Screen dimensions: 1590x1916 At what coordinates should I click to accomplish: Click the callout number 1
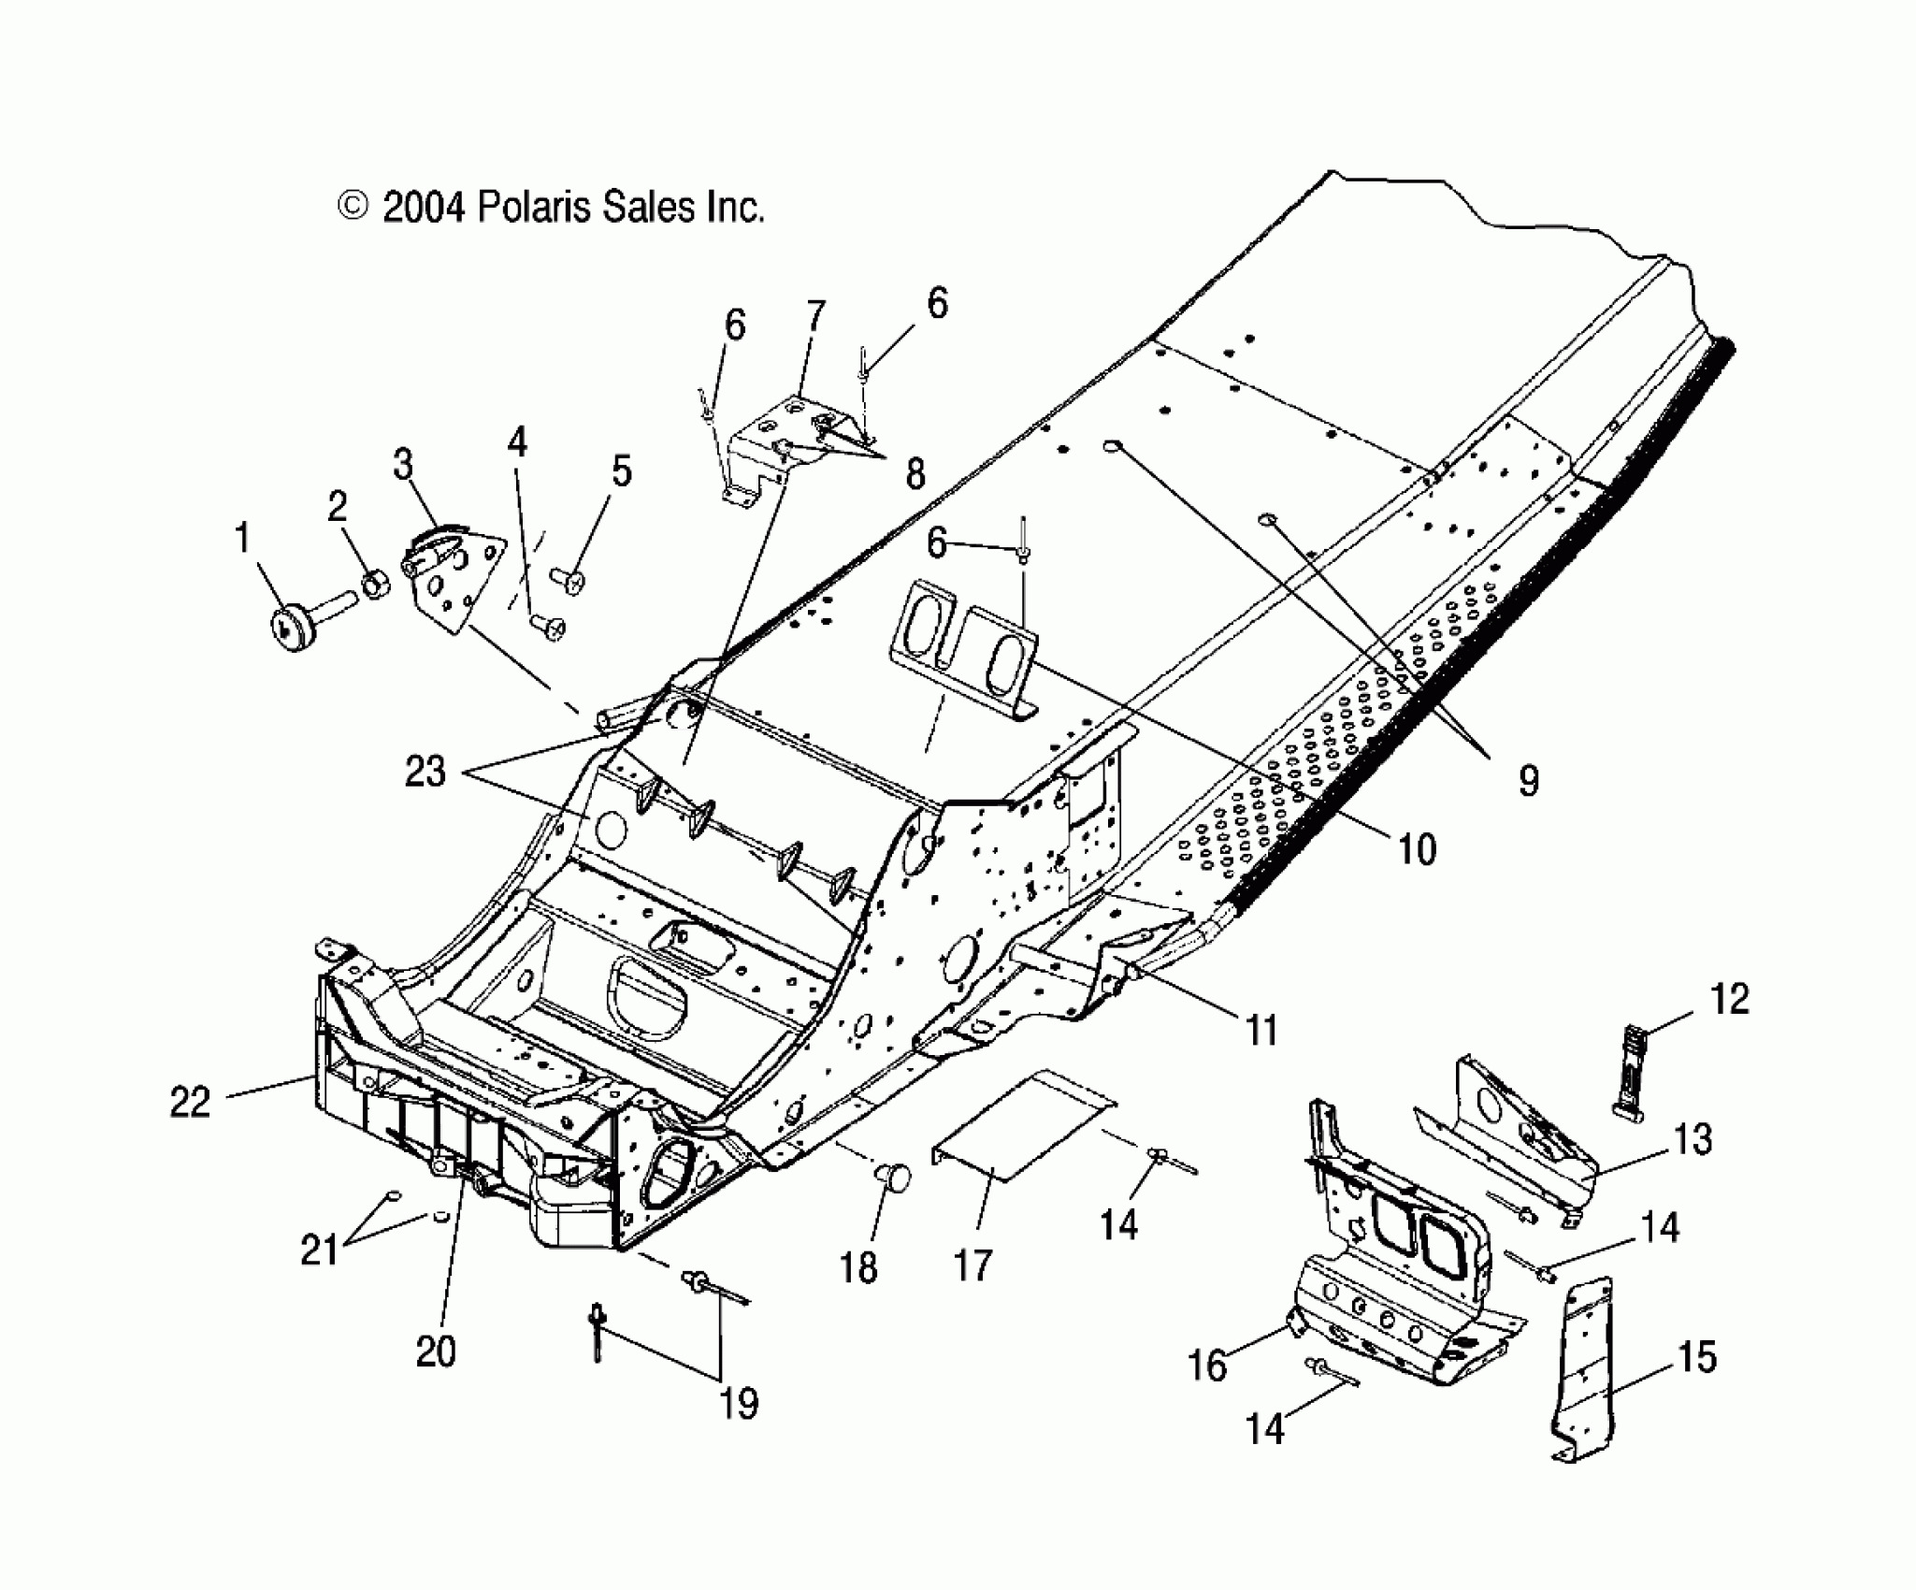[242, 540]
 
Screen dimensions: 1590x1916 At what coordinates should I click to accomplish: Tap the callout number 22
[190, 1103]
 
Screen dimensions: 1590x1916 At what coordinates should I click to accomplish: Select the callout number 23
[425, 773]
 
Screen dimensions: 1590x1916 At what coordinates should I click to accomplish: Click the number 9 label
[1528, 780]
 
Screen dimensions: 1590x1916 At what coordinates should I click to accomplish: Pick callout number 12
[1729, 1000]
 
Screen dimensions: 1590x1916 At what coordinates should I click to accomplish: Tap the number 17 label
[972, 1266]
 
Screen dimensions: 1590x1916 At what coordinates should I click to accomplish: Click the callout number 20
[436, 1351]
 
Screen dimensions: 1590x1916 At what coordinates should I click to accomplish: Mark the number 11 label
[1262, 1031]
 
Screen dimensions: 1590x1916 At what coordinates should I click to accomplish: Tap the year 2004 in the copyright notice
[424, 207]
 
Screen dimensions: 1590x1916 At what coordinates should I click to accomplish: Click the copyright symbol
[353, 207]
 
